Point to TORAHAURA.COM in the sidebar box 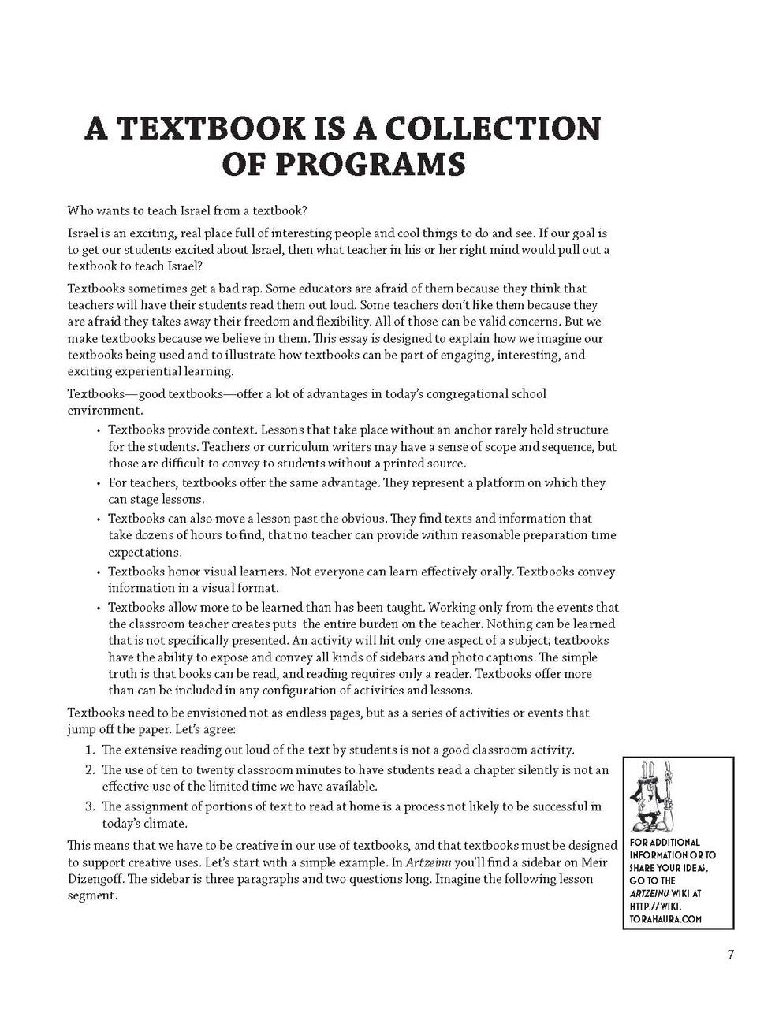[665, 919]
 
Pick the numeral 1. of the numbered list [89, 750]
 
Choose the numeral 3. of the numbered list [89, 806]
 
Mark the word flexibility [346, 322]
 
